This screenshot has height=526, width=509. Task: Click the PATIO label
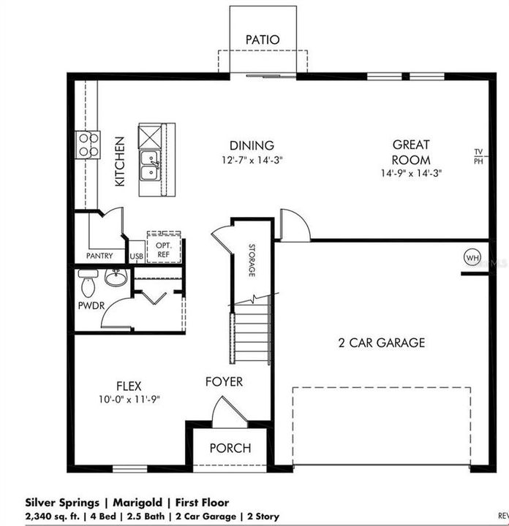coord(263,39)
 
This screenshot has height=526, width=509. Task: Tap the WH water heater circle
coord(472,258)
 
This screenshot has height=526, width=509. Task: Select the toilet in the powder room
coord(88,283)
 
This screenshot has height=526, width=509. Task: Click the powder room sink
coord(116,277)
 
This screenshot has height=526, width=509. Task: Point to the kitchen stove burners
coord(88,145)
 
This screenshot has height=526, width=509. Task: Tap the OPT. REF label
coord(164,250)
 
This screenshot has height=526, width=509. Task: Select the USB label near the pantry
coord(137,256)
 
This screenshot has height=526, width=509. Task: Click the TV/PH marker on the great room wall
coord(478,156)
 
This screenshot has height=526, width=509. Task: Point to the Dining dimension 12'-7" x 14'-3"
coord(252,160)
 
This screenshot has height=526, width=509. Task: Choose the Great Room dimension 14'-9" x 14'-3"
coord(411,173)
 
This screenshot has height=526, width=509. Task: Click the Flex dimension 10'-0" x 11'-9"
coord(129,399)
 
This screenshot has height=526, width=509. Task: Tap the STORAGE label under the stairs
coord(252,260)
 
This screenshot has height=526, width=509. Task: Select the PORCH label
coord(230,448)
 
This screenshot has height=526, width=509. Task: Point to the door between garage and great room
coord(295,225)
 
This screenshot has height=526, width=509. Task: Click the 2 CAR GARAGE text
coord(382,343)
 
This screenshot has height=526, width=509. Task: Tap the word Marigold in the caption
coord(137,503)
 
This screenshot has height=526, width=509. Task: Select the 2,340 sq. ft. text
coord(53,516)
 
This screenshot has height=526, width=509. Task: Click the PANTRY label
coord(99,256)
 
